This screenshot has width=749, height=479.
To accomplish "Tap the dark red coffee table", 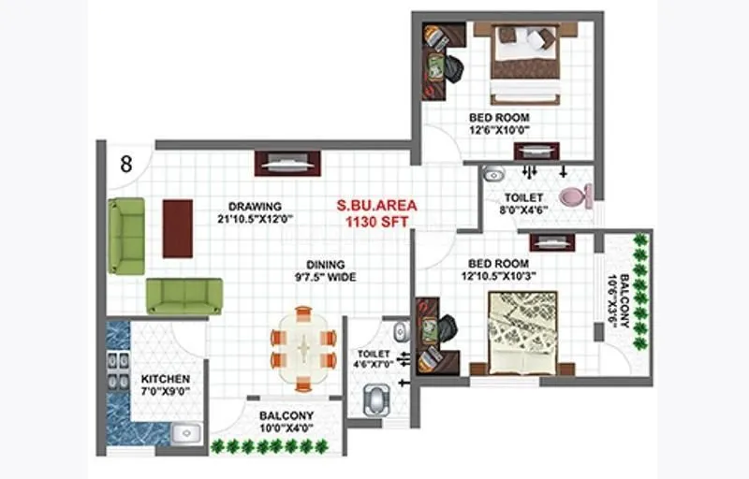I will coord(177,227).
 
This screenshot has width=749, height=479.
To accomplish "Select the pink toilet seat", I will coord(575,196).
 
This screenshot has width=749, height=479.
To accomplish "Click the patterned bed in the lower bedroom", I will coord(522,327).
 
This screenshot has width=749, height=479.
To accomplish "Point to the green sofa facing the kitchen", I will coord(184,296).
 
